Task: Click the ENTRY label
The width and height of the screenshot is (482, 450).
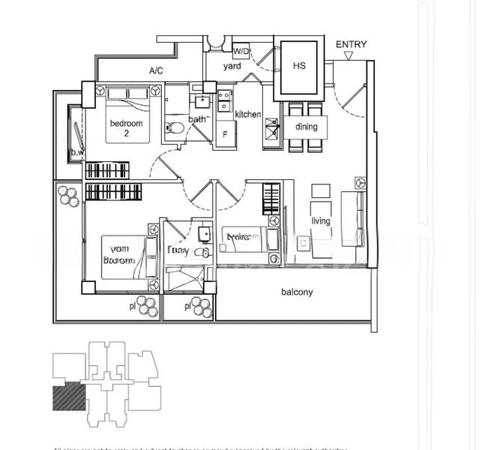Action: (x=351, y=44)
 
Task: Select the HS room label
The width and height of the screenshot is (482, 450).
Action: (x=299, y=66)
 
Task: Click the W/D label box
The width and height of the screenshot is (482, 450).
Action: (x=241, y=52)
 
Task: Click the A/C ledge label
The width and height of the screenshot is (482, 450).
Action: (x=156, y=70)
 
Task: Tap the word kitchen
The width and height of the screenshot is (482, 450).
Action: (x=247, y=115)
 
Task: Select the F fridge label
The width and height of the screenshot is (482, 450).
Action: (x=226, y=136)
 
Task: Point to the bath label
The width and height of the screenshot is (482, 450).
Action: (x=198, y=119)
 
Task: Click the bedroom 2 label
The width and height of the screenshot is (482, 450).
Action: (x=126, y=128)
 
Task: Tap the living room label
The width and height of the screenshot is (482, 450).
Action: (x=321, y=221)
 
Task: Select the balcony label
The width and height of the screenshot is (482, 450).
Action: (x=297, y=292)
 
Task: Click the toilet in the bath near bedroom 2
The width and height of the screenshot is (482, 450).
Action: (x=175, y=127)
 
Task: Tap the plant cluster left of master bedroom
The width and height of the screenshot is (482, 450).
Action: (x=68, y=196)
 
